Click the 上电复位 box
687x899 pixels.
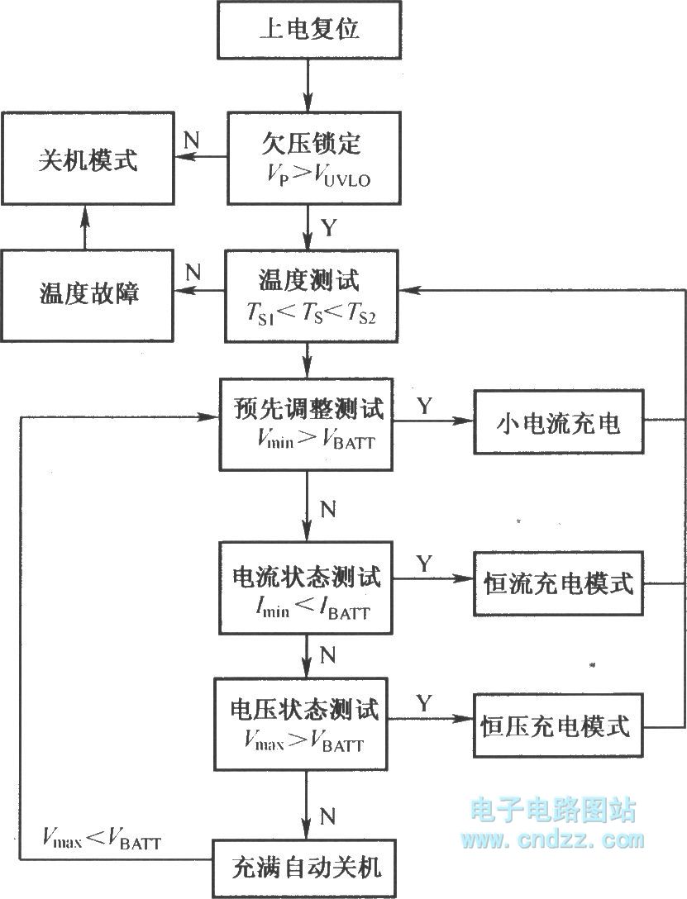click(309, 29)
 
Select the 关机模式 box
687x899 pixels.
click(88, 159)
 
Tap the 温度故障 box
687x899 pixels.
click(87, 295)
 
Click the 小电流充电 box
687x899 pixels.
click(559, 422)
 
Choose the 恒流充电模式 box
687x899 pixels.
click(558, 583)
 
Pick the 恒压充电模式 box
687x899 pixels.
click(558, 725)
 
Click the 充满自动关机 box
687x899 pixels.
click(304, 868)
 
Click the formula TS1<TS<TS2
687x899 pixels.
click(311, 313)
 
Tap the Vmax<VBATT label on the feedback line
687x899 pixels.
click(102, 838)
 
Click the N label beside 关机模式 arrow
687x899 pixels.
click(191, 140)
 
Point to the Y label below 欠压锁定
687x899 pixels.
click(329, 227)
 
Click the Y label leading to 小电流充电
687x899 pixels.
click(424, 406)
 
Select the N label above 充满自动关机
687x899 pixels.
click(327, 816)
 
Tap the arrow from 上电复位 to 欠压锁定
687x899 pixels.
click(308, 85)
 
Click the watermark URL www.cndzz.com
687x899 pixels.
click(552, 840)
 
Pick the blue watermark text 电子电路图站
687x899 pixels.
click(553, 810)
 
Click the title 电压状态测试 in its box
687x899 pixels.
click(304, 709)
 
